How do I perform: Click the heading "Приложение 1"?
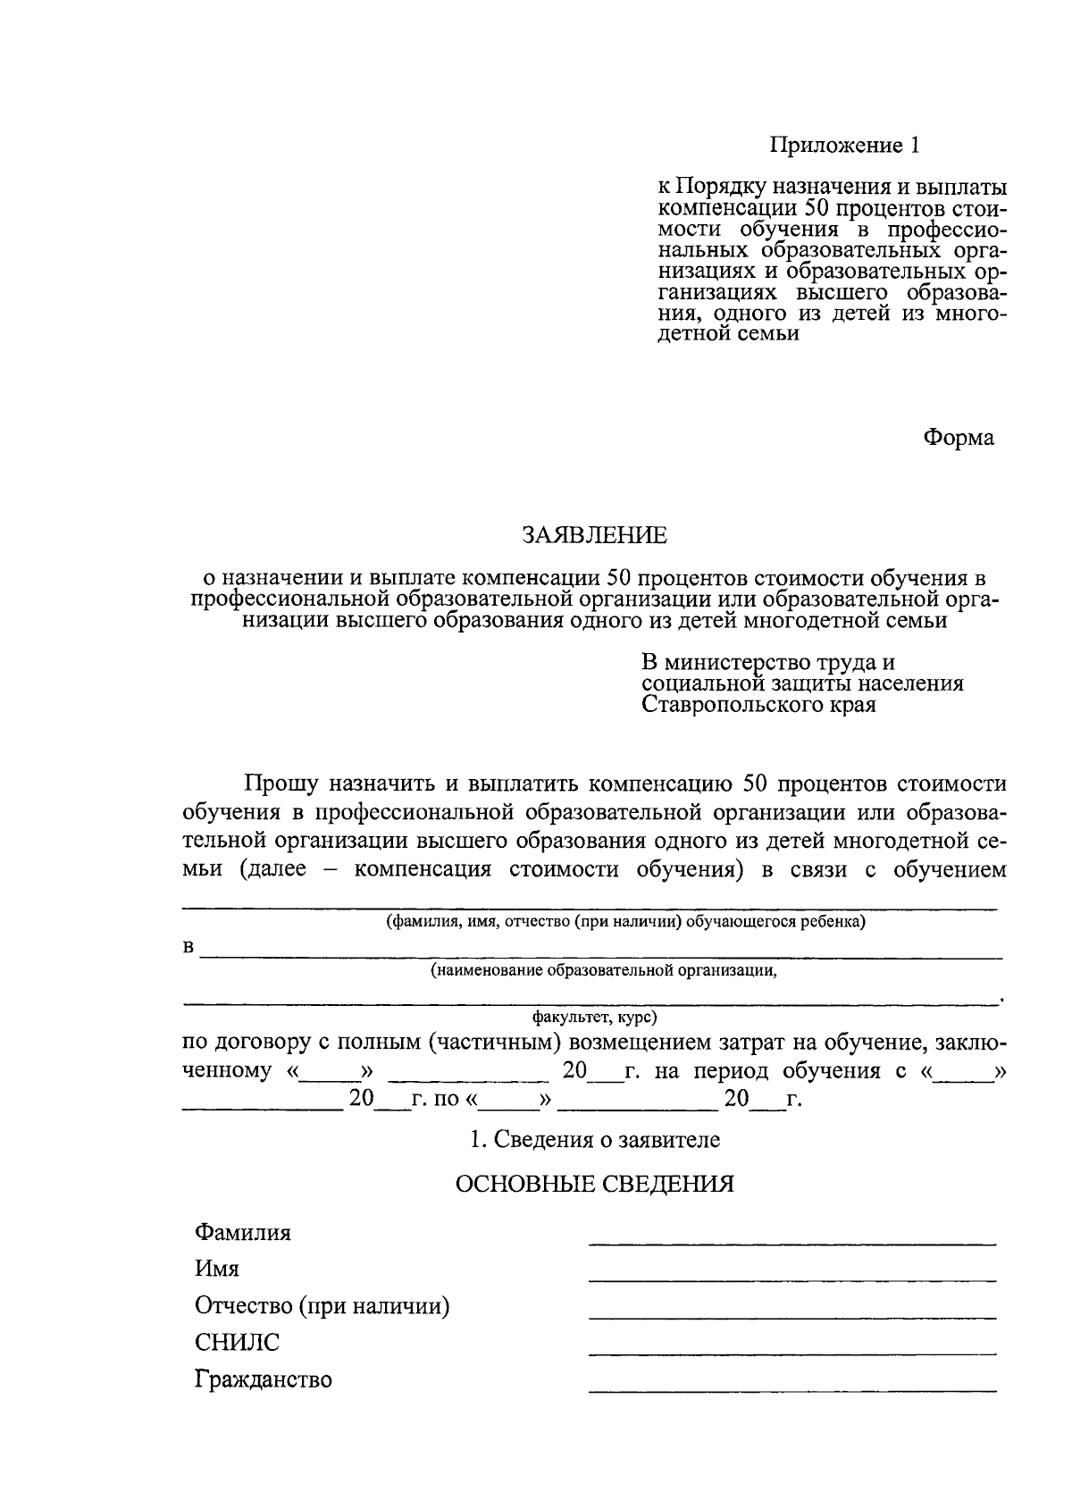844,145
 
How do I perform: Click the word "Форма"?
958,438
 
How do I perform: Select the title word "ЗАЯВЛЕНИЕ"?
594,535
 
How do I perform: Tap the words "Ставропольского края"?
758,705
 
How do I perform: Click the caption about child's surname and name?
625,922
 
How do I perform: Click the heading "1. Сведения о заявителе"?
595,1140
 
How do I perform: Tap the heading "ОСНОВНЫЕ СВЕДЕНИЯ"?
595,1185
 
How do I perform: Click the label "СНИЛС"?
237,1343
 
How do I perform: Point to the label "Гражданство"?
264,1380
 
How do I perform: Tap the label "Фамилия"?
243,1233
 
